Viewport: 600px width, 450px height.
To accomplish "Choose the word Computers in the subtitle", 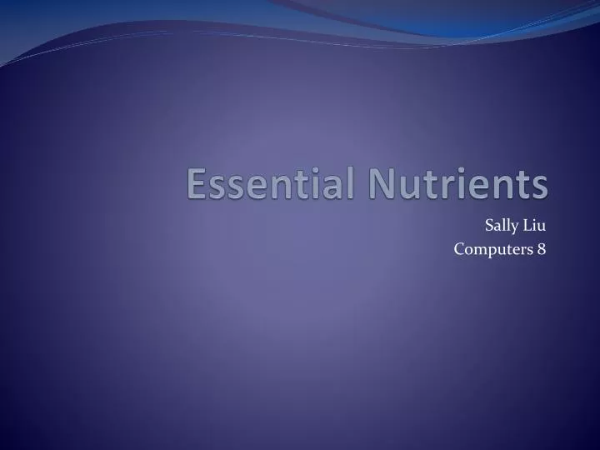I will [490, 247].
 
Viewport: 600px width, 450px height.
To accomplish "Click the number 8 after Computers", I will [542, 247].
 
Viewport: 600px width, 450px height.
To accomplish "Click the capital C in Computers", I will [458, 247].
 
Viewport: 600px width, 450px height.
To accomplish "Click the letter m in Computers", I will [478, 248].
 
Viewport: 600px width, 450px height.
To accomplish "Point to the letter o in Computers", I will [467, 248].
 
